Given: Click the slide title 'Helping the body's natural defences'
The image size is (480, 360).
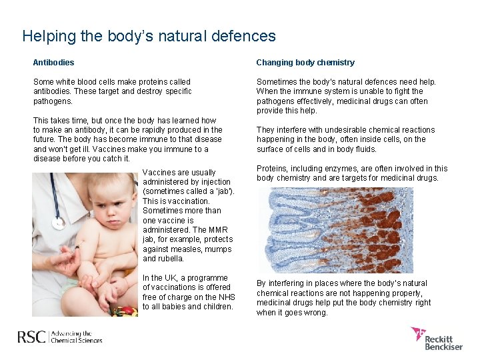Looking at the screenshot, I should click(149, 35).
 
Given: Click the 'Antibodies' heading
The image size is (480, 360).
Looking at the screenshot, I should click(53, 63).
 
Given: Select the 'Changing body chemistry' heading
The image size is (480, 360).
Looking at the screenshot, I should click(305, 63).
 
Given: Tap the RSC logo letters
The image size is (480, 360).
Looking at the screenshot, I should click(31, 337).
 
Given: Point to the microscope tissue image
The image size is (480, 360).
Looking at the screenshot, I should click(335, 229).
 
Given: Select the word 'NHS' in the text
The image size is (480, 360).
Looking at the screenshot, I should click(226, 297).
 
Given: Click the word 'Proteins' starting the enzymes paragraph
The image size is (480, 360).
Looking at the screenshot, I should click(272, 169).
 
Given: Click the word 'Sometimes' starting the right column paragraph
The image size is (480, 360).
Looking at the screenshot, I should click(276, 82).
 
